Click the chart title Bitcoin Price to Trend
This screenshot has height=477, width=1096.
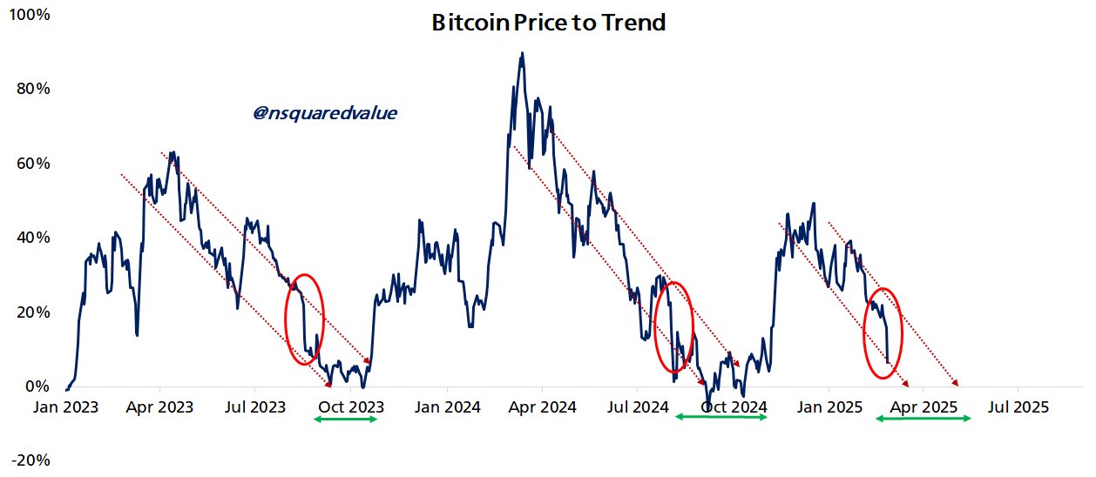pos(548,24)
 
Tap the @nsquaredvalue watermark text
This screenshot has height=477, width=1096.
pos(325,113)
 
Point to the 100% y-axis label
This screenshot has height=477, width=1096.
pos(30,15)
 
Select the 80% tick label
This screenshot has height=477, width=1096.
pos(33,89)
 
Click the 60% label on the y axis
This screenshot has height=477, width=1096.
pos(33,164)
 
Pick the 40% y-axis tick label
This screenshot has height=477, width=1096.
pos(33,238)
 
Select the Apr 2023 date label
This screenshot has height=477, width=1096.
pos(159,406)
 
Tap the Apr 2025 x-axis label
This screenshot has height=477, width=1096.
pos(924,406)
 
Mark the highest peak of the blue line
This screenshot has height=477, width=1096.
pos(522,53)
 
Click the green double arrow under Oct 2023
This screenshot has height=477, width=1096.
pos(345,420)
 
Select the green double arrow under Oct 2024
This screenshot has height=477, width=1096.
pos(722,419)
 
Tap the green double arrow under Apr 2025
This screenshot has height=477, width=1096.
pos(923,419)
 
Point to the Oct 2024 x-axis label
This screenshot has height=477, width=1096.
pos(734,406)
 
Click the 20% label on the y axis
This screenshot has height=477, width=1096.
pos(33,312)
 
